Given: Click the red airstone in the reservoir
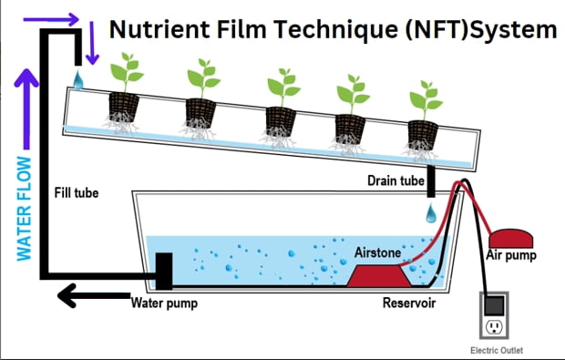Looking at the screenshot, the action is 379,275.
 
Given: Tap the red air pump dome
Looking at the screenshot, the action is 510,238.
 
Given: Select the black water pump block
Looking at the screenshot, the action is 164,271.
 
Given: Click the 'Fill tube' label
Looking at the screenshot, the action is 77,193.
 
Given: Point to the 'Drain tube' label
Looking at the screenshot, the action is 395,180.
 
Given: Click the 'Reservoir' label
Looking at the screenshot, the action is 409,303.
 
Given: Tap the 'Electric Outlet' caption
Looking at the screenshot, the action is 497,350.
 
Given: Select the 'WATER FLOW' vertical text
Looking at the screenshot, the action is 24,209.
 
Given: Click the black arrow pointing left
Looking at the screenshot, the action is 94,295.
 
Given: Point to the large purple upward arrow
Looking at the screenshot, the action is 26,108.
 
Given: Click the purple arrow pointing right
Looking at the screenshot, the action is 51,19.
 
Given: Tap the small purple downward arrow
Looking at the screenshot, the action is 92,43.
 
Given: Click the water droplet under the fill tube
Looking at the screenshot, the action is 77,80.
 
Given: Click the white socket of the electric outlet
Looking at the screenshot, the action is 494,327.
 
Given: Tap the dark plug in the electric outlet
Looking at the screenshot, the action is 494,305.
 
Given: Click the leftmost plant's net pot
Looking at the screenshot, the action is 124,107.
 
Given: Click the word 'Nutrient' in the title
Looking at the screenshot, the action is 159,29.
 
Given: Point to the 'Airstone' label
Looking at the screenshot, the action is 377,252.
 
